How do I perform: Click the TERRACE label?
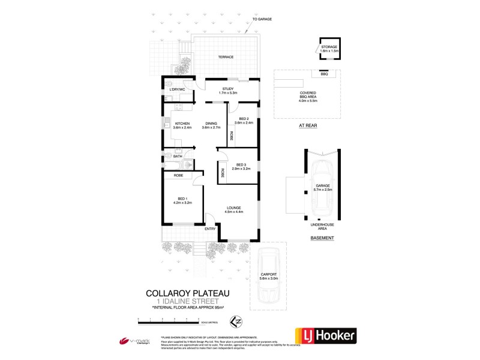point(226,57)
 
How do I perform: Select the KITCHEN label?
point(182,124)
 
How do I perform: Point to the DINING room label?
point(211,124)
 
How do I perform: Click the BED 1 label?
point(183,199)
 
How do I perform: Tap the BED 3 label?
point(242,165)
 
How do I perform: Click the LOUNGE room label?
point(233,208)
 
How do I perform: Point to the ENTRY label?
point(210,229)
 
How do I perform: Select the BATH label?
point(178,157)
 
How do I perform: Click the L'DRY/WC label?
point(178,89)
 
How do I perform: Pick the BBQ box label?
point(324,74)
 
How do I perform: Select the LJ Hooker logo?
point(325,335)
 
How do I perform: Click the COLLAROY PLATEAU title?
point(188,293)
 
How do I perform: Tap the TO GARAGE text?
point(262,19)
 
